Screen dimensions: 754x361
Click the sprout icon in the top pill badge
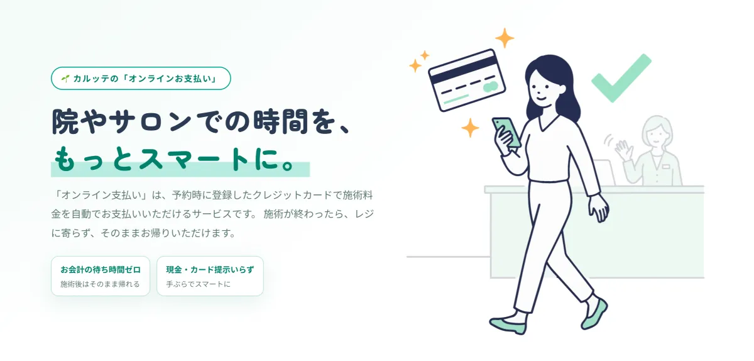(65, 79)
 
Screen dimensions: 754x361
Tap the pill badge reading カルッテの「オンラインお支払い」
(141, 78)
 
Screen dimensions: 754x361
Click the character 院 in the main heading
(65, 121)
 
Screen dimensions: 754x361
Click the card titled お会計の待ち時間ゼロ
(101, 276)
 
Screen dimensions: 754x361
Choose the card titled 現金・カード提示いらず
(210, 276)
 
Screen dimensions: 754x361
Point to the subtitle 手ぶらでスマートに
(199, 284)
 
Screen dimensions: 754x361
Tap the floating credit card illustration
(467, 81)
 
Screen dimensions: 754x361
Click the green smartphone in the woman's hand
(506, 131)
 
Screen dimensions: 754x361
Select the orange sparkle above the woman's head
(504, 38)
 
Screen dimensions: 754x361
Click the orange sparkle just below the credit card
(470, 128)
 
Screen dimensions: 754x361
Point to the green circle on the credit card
(491, 87)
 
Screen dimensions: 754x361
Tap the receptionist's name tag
(666, 167)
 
